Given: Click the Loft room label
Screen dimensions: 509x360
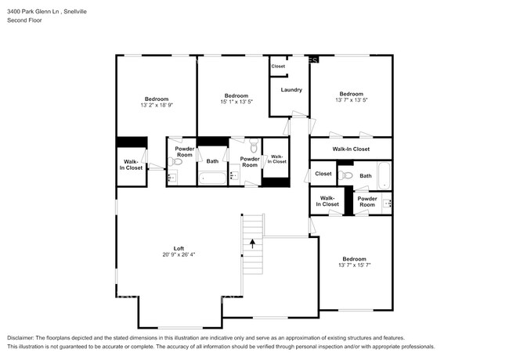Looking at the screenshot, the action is [x=179, y=248].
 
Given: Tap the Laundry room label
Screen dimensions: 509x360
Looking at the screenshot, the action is [x=291, y=90].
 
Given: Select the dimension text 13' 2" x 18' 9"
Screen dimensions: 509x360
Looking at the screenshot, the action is [x=157, y=105].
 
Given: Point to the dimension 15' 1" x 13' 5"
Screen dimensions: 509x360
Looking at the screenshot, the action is [x=236, y=102].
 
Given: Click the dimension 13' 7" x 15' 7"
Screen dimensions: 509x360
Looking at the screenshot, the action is [x=354, y=265].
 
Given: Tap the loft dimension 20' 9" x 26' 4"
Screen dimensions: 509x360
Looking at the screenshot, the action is [x=179, y=254].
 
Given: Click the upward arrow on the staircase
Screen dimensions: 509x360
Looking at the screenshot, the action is [x=253, y=243].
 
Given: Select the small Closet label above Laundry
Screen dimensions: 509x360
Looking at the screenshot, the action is [x=278, y=67].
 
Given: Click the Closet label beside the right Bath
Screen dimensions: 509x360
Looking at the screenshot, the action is [x=323, y=174].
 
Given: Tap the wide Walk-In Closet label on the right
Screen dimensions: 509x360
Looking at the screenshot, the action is [x=351, y=149].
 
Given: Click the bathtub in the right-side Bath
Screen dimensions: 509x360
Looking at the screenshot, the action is [x=384, y=175].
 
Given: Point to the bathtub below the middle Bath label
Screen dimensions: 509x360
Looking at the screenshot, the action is [x=212, y=178].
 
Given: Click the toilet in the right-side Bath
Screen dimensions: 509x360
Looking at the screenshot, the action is [x=345, y=175].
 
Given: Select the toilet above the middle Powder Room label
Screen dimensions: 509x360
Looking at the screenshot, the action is [x=254, y=146].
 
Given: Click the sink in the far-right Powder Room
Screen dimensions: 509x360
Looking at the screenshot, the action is [x=387, y=203].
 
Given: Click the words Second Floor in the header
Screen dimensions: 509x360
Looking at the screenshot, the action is [x=25, y=20].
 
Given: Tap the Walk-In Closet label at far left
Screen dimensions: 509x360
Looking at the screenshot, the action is [x=131, y=165].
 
